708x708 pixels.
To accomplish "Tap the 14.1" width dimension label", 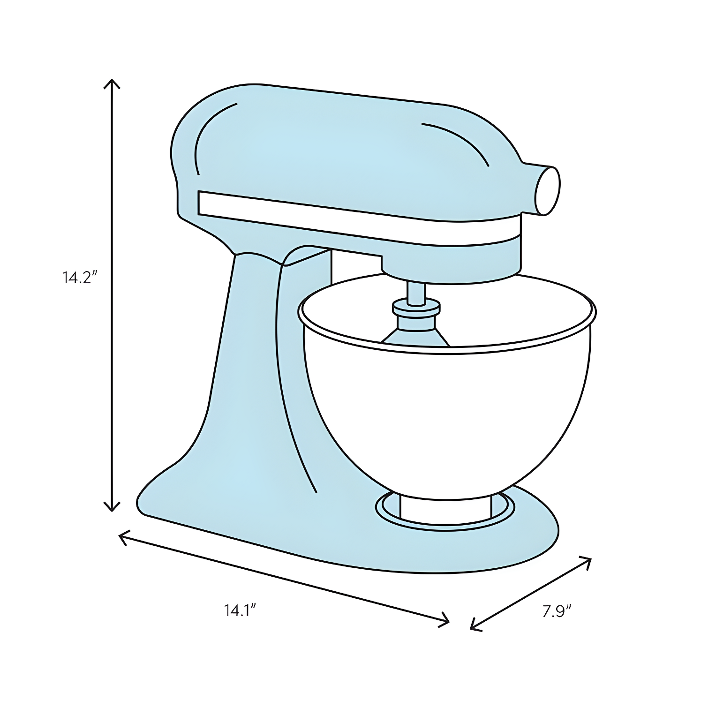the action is (x=240, y=611).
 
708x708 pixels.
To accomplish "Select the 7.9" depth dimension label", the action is (x=557, y=612).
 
